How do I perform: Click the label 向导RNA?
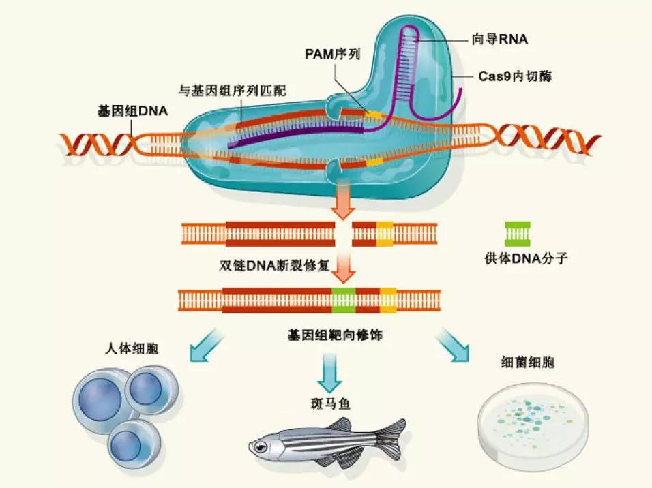tap(500, 40)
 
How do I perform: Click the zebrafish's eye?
tap(260, 446)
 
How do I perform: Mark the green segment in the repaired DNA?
tap(344, 300)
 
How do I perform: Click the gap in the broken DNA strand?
tap(343, 233)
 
